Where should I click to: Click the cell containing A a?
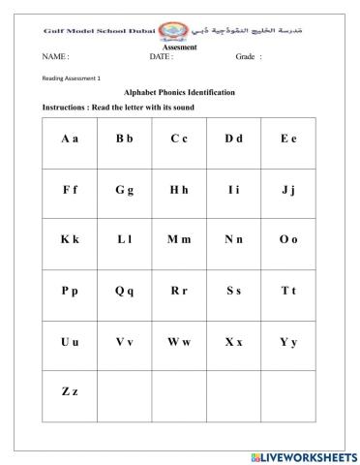coord(70,140)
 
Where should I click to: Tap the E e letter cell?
coord(288,140)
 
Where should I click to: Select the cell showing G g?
coord(124,192)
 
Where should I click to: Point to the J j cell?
coord(288,192)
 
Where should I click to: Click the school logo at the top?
coord(174,30)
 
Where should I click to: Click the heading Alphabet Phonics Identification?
coord(180,92)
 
